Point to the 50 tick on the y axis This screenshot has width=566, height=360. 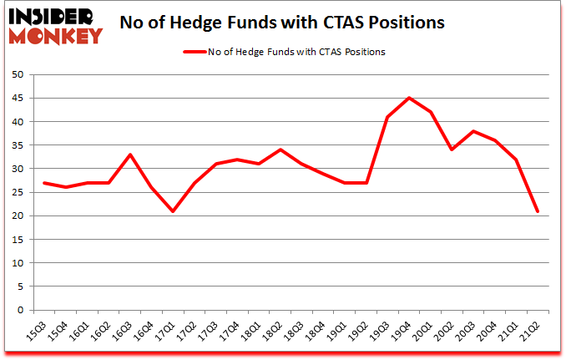coord(18,75)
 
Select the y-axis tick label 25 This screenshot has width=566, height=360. coord(18,193)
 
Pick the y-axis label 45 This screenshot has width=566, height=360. coord(18,99)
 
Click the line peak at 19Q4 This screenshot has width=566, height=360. coord(409,98)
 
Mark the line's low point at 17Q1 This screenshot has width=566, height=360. coord(173,211)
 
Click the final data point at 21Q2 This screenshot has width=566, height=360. coord(538,211)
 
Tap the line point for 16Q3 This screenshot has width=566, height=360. coord(130,155)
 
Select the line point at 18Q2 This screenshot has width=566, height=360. coord(280,150)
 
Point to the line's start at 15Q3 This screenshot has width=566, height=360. coord(43,183)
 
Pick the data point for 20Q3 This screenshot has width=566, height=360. coord(474,131)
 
